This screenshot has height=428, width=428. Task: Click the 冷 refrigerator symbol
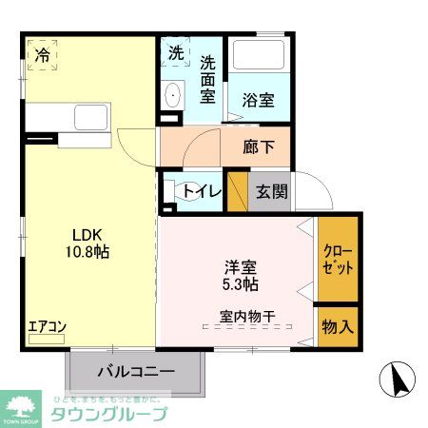(43, 55)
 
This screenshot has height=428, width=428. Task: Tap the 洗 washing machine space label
(176, 54)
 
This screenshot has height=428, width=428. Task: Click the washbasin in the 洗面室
(173, 95)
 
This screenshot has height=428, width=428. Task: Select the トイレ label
(203, 192)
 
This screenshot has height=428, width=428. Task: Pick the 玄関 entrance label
(270, 191)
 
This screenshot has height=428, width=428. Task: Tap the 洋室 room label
(241, 267)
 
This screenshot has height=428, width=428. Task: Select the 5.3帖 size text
(241, 283)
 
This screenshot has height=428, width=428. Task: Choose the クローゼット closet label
(338, 260)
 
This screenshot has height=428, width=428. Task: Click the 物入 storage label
(338, 327)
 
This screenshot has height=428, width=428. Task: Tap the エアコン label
(47, 327)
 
